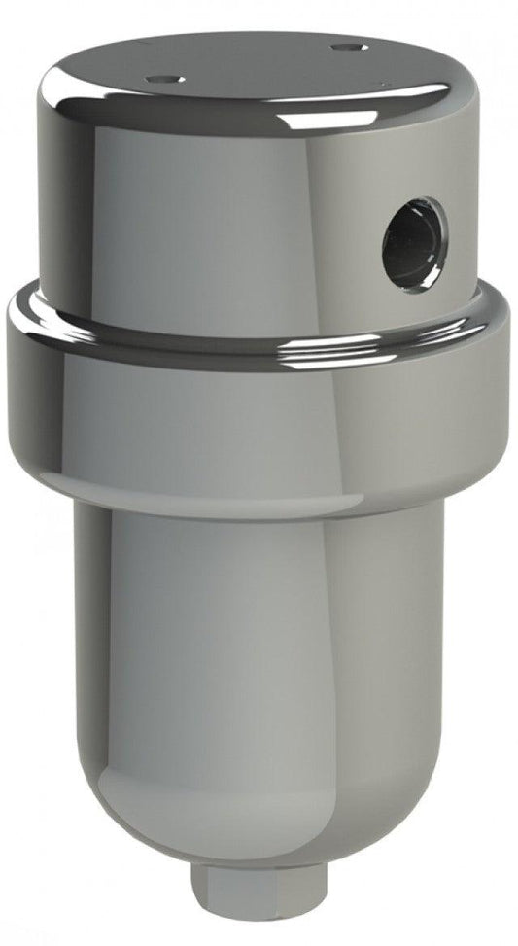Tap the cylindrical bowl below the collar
click(262, 632)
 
